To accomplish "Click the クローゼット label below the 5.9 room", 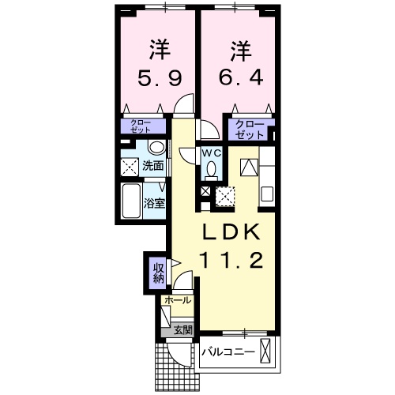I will [143, 126].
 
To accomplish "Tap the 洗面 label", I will [153, 166].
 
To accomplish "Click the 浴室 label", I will [153, 202].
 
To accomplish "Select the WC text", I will [211, 152].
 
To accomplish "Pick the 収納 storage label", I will [157, 271].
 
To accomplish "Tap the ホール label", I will [177, 301].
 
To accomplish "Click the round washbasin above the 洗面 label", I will [156, 148].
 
